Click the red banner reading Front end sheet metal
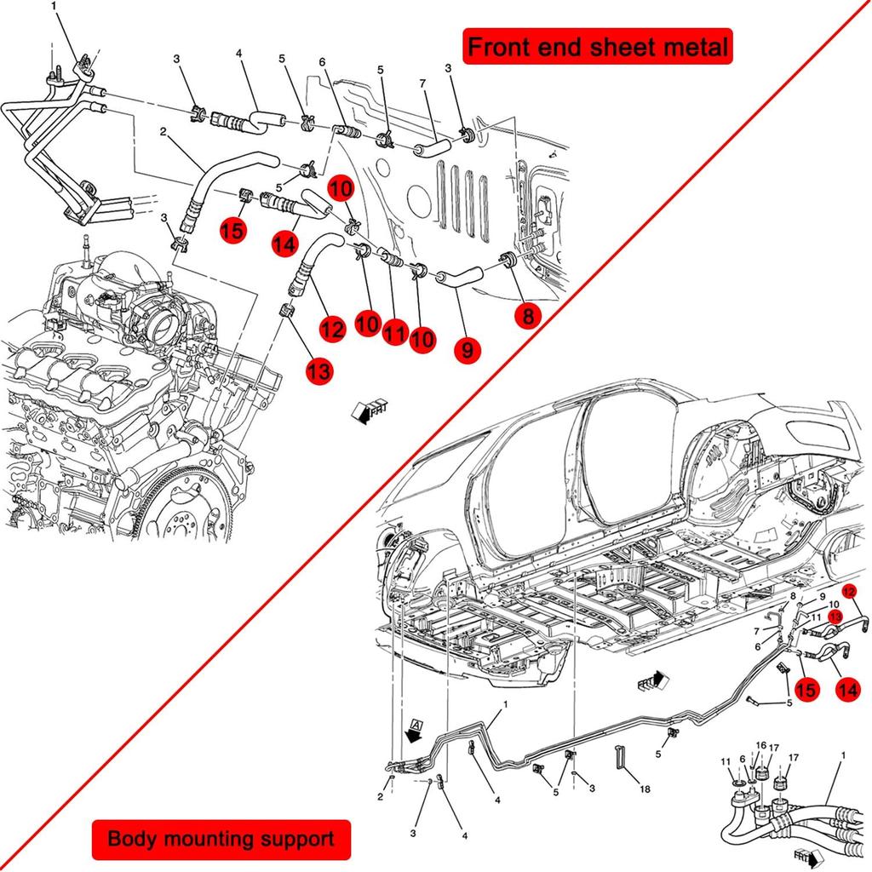[x=598, y=47]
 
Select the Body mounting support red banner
[x=221, y=839]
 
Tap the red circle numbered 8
[x=528, y=317]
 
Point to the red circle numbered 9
[x=468, y=349]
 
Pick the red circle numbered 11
[x=393, y=334]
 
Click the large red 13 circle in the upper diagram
[x=319, y=370]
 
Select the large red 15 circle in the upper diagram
[x=232, y=229]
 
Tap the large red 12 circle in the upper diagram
[x=333, y=327]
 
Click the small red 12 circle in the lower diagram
[x=850, y=591]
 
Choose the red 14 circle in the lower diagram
[x=846, y=691]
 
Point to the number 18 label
[x=645, y=789]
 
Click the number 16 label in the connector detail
[x=760, y=745]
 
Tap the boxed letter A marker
[x=416, y=725]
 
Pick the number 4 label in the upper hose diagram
[x=239, y=54]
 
